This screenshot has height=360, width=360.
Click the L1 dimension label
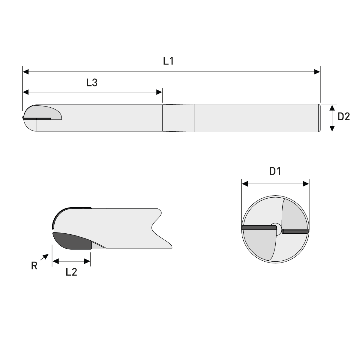168,61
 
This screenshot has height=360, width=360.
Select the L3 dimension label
91,83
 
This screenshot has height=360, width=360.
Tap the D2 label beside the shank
343,117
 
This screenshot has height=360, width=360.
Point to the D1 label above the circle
275,171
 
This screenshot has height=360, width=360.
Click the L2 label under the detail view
71,272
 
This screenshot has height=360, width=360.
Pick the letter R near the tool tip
34,266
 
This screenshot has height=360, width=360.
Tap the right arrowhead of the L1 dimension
317,72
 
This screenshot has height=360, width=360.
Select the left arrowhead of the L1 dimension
26,72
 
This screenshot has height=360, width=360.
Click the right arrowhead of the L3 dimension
159,92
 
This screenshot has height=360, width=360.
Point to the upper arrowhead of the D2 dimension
332,107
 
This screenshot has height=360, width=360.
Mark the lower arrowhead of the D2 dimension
332,128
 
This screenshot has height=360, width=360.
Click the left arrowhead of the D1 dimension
245,184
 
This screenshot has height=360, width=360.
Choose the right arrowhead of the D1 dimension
306,184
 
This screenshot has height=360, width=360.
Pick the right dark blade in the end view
295,231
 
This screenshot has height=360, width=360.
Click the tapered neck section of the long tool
178,118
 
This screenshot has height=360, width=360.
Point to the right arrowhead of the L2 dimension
88,262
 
